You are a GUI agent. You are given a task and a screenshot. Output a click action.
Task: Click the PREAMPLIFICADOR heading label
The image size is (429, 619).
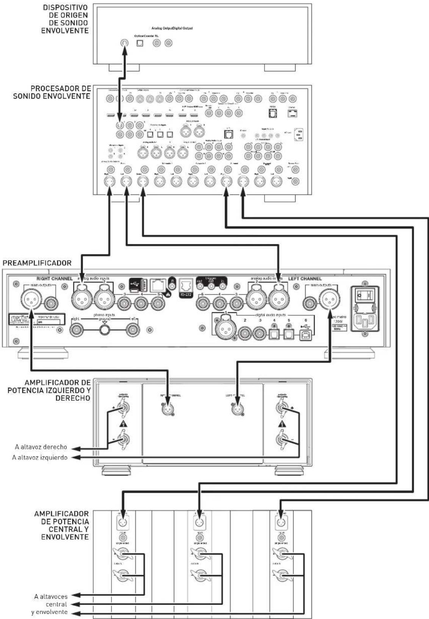pyautogui.click(x=37, y=263)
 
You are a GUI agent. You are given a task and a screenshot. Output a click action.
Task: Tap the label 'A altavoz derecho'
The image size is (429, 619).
pyautogui.click(x=41, y=447)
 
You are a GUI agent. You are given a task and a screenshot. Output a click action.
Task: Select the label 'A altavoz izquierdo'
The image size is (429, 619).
pyautogui.click(x=40, y=458)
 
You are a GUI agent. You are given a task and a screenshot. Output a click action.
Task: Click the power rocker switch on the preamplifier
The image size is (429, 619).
pyautogui.click(x=365, y=294)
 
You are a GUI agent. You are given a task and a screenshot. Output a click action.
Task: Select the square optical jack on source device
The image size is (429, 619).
pyautogui.click(x=140, y=43)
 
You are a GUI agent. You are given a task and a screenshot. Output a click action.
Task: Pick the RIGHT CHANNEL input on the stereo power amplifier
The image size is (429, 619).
pyautogui.click(x=168, y=409)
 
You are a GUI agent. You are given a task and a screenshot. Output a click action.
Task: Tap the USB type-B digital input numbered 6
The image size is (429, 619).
pyautogui.click(x=304, y=334)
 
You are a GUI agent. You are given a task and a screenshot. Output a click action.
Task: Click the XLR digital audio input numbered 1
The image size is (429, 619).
pyautogui.click(x=226, y=329)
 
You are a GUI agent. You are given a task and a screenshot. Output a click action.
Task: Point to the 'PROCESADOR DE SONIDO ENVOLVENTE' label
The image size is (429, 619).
pyautogui.click(x=52, y=92)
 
